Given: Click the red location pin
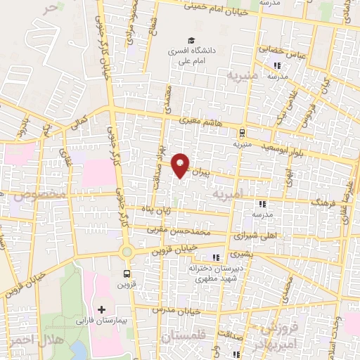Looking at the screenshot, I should pos(181,164).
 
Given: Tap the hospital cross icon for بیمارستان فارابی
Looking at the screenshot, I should pos(102,309).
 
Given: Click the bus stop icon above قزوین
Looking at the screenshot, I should pos(127,274).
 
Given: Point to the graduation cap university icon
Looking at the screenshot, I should pos(191,40).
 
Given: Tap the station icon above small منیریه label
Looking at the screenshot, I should pos(241,131).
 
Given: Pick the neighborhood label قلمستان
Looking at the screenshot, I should pos(181,338).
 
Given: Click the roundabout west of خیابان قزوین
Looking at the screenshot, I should pos(127,252).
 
